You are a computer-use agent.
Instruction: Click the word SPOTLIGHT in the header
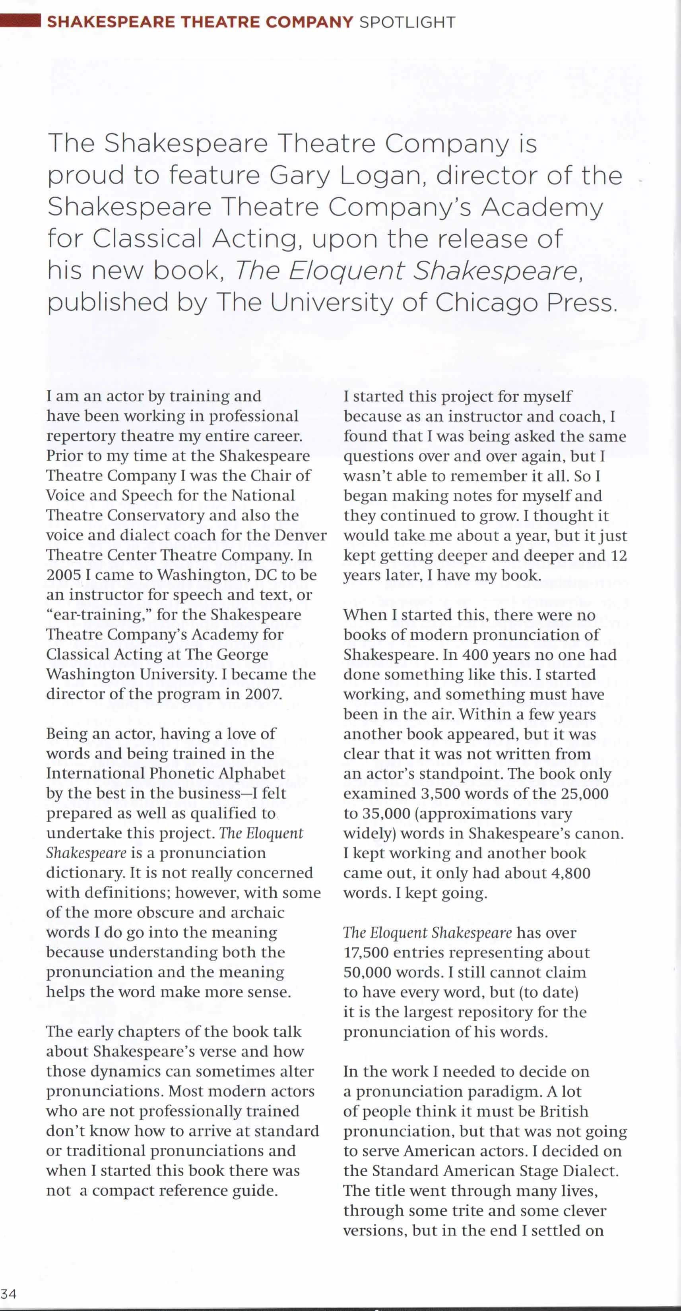407,22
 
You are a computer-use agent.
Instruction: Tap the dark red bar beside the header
20,21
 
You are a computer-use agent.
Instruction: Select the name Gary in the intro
300,176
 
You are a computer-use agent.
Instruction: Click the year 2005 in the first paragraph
64,575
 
